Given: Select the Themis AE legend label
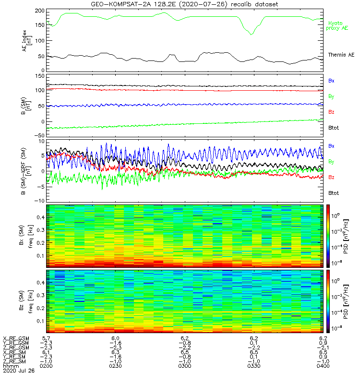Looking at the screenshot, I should (340, 55).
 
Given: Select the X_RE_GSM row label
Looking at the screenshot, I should (16, 338).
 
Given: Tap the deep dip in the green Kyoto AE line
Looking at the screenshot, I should (251, 34).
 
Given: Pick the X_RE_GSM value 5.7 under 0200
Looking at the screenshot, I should (47, 338).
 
